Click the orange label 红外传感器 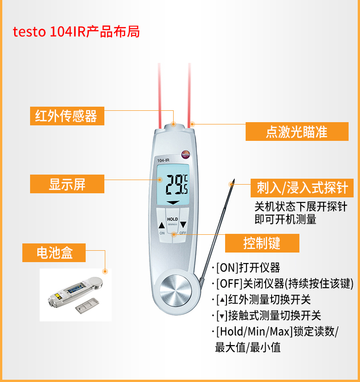(x=67, y=116)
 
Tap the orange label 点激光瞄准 (x=297, y=132)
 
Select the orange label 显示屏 (x=67, y=184)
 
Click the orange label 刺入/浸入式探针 (x=299, y=187)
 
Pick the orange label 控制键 (x=262, y=243)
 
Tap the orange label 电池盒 (x=54, y=252)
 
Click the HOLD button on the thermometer (x=172, y=220)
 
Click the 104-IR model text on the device (x=163, y=160)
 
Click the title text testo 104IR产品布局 (x=76, y=32)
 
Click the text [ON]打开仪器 (x=248, y=268)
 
